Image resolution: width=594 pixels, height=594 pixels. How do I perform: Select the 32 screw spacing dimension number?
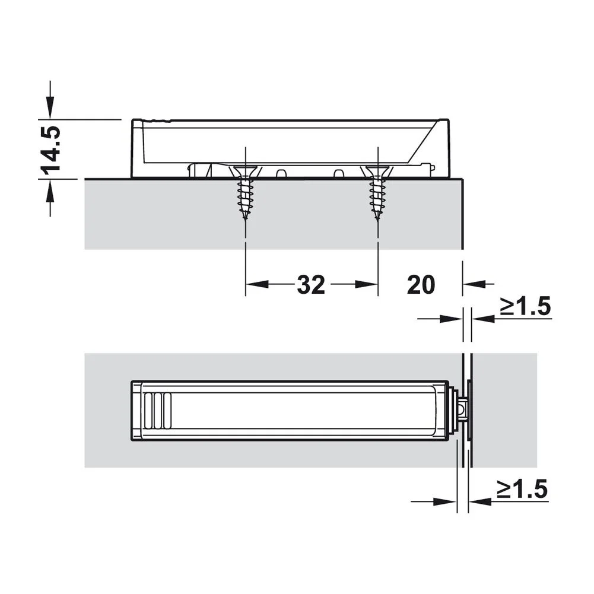(312, 285)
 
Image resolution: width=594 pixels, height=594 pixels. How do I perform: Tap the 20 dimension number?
(421, 285)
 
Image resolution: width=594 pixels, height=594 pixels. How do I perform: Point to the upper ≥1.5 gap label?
(525, 306)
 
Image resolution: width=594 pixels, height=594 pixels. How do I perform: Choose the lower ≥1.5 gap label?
(522, 489)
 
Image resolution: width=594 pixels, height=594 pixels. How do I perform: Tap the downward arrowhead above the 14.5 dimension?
(50, 107)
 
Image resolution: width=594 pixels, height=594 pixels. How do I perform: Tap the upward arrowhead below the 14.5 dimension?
(50, 190)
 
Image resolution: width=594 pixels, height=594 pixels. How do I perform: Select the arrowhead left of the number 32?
(257, 284)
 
